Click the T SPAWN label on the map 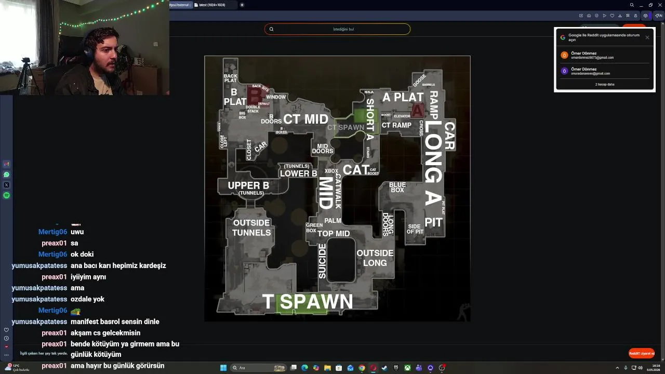[x=308, y=302]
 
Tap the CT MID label [x=305, y=119]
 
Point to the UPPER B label [x=248, y=185]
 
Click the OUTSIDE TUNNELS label [x=251, y=228]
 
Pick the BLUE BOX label [x=397, y=188]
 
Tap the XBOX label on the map [x=331, y=171]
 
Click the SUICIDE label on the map [x=323, y=261]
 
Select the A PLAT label [x=403, y=97]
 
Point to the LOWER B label [x=298, y=173]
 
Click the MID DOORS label [x=323, y=149]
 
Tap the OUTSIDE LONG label [x=375, y=258]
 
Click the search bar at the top [x=337, y=29]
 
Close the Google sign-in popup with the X [x=647, y=37]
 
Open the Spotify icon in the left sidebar [x=7, y=195]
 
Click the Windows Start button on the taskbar [x=223, y=368]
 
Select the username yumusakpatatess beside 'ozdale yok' [x=39, y=299]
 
